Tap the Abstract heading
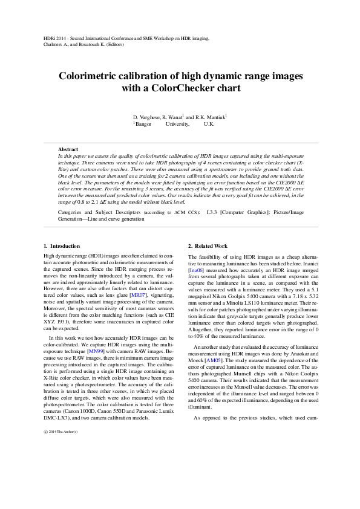[x=68, y=149]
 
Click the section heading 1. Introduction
[x=62, y=246]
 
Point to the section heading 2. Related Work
[x=208, y=246]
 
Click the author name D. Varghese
[x=146, y=117]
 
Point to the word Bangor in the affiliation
[x=144, y=123]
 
